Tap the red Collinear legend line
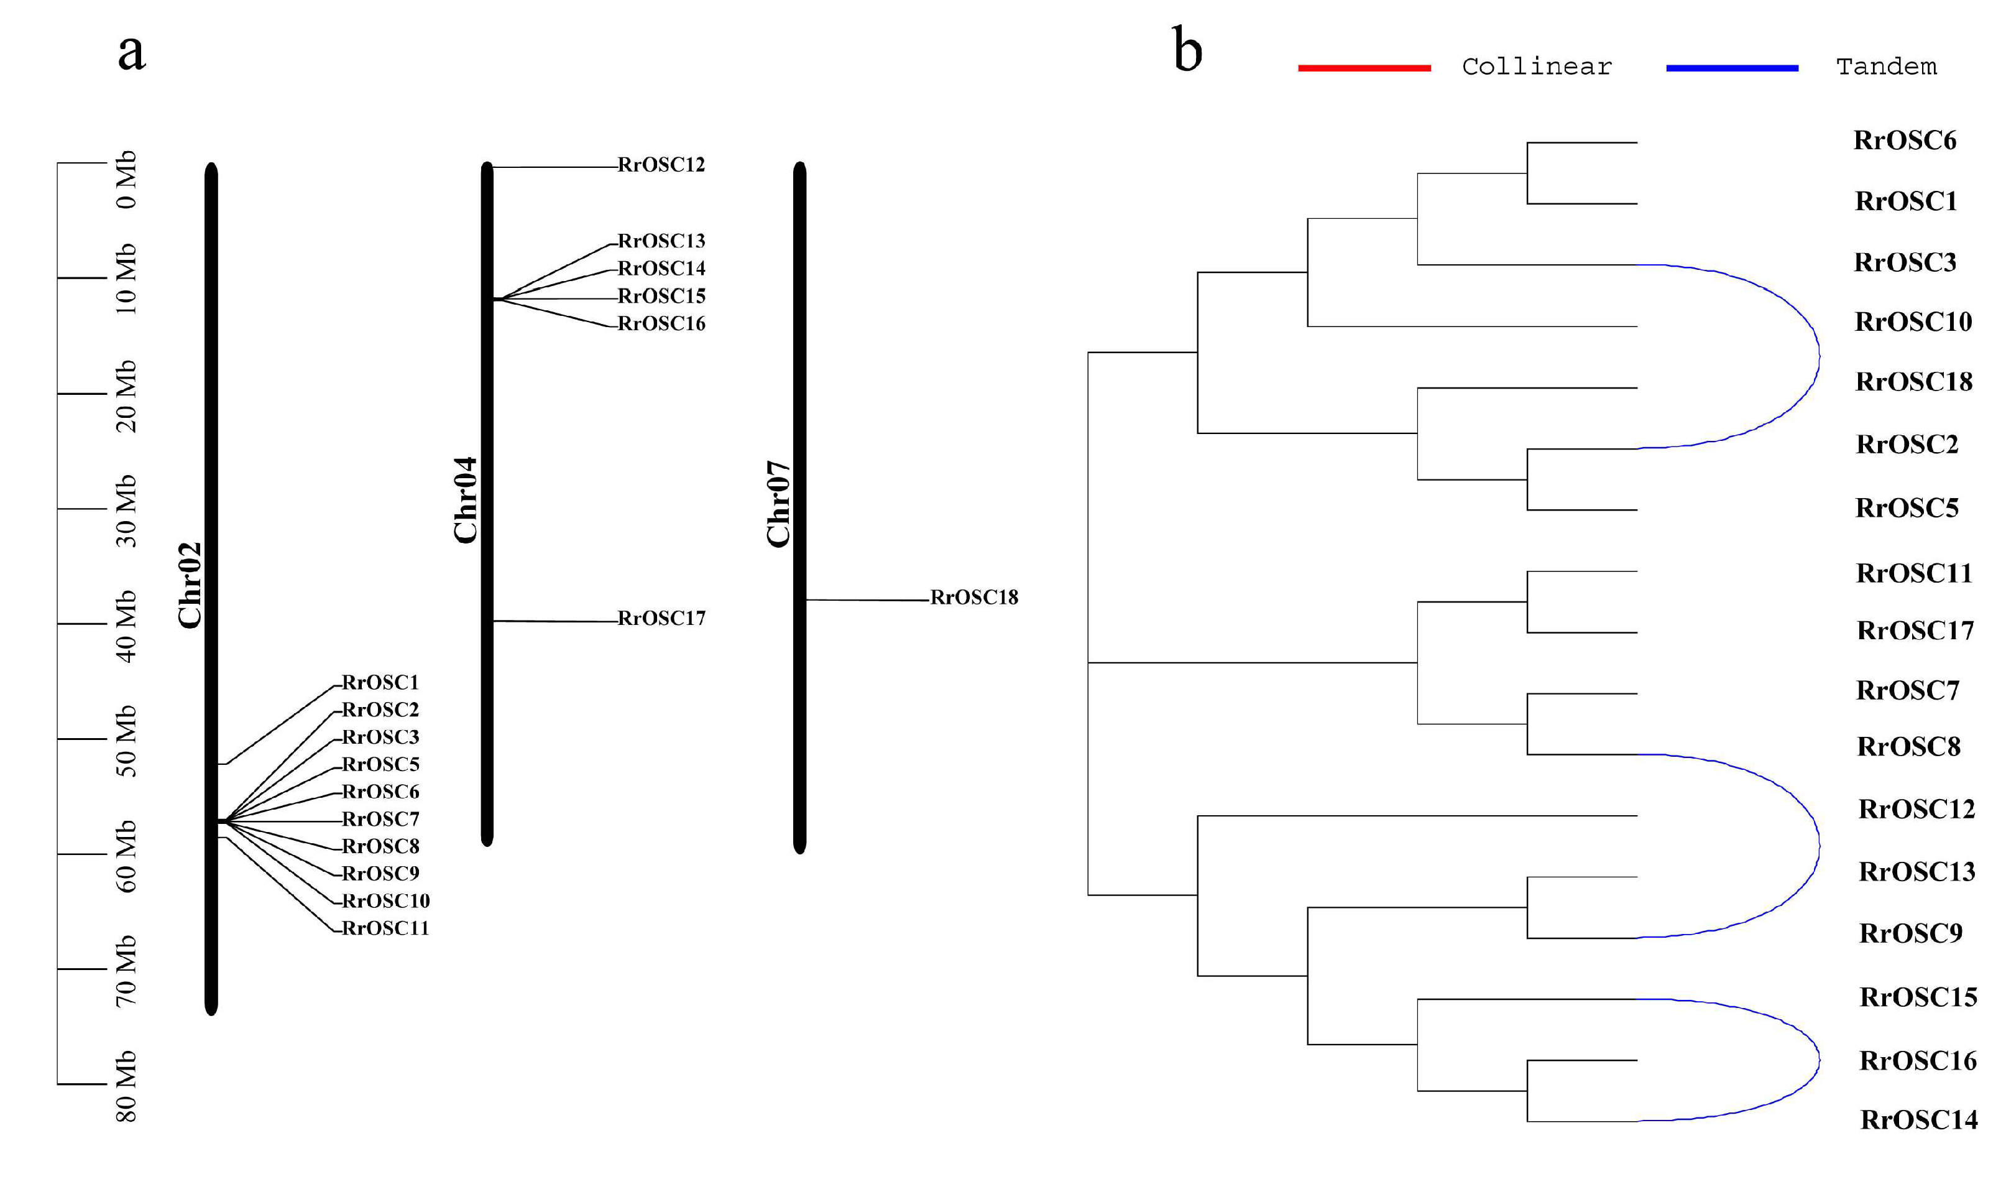(1364, 68)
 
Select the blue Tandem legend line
(1732, 68)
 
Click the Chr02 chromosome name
(190, 586)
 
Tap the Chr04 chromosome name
(466, 500)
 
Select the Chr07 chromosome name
(778, 504)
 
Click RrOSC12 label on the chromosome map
(661, 165)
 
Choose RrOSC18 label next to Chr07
(974, 598)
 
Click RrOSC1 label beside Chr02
(380, 683)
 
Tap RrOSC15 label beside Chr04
(661, 296)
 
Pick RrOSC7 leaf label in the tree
(1907, 691)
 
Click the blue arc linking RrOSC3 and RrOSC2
(1819, 356)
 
